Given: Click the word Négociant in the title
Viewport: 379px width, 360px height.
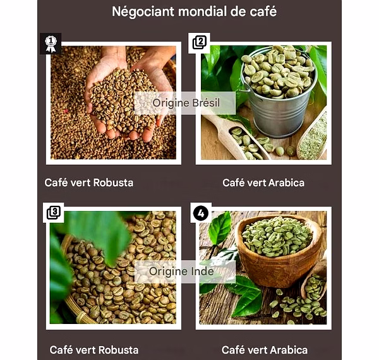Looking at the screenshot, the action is pyautogui.click(x=143, y=11).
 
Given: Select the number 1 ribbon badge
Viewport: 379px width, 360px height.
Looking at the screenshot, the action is pyautogui.click(x=51, y=44).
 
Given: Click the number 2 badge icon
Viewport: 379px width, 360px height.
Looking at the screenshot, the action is pyautogui.click(x=200, y=43).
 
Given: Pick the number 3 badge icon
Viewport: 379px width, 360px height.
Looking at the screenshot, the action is pyautogui.click(x=54, y=213).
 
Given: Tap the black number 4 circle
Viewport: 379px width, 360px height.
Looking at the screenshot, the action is pyautogui.click(x=201, y=213).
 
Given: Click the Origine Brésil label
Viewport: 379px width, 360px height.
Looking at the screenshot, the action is pyautogui.click(x=185, y=103).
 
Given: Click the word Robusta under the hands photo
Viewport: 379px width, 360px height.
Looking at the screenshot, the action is pyautogui.click(x=113, y=183).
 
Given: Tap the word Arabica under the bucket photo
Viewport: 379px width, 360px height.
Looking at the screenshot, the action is pyautogui.click(x=286, y=183).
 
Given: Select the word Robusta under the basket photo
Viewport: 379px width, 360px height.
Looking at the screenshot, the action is pyautogui.click(x=119, y=350).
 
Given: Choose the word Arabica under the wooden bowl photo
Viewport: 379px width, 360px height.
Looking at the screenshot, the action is pyautogui.click(x=289, y=350).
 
